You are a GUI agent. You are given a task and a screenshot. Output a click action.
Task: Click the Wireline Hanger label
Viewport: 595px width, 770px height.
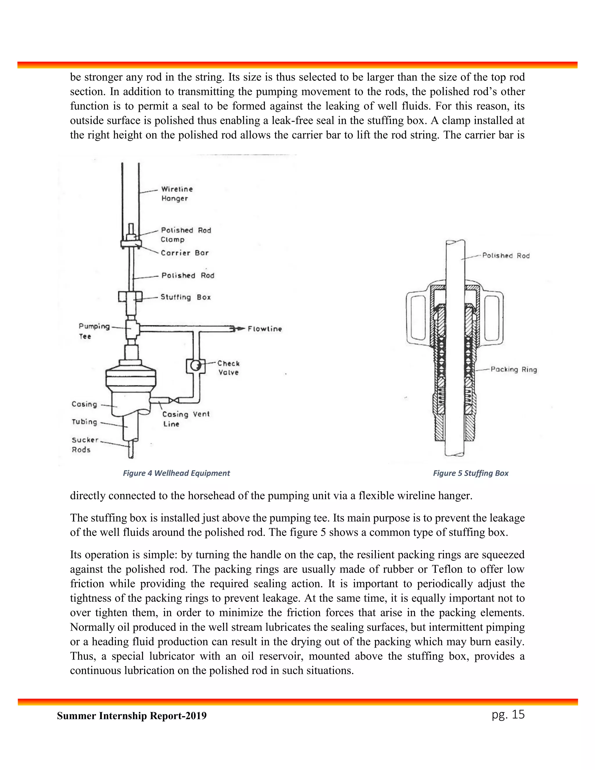click(x=177, y=194)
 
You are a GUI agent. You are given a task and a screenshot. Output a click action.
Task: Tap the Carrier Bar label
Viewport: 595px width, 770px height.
click(x=185, y=253)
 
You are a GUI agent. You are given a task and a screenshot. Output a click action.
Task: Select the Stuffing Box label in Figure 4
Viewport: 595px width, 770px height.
click(x=185, y=297)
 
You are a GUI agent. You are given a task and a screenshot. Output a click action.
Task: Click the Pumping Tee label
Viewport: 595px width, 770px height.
click(x=94, y=331)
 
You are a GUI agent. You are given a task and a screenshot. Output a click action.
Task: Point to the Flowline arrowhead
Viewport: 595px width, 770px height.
click(x=240, y=329)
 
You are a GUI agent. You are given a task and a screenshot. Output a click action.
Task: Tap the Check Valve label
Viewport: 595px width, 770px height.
click(x=228, y=368)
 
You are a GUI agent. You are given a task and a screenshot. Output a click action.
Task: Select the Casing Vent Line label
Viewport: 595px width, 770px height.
click(x=186, y=419)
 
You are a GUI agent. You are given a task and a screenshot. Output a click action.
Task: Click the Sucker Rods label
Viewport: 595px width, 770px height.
click(x=85, y=445)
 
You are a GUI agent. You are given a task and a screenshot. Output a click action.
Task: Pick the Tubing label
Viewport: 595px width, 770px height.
click(x=84, y=422)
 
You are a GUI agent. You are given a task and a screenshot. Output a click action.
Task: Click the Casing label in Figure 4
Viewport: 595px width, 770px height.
click(x=84, y=404)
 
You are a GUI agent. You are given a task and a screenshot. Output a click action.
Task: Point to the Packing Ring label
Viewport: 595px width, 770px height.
click(x=514, y=370)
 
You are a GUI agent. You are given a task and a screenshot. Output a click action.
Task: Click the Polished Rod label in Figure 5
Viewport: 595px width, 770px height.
click(x=506, y=256)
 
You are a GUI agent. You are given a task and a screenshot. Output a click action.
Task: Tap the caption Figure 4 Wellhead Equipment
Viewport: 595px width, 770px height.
click(x=176, y=473)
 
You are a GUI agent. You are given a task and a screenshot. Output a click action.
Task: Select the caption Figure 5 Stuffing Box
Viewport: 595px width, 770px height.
click(x=471, y=473)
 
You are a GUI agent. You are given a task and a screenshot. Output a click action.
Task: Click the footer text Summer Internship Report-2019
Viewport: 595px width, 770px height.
click(x=132, y=716)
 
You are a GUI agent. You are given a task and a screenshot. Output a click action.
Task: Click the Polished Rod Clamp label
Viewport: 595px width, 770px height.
click(x=185, y=235)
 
